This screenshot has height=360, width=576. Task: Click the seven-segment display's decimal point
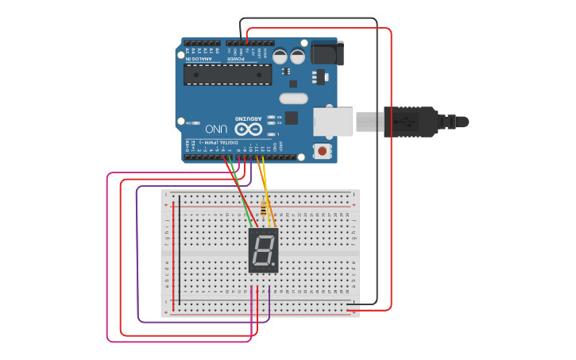274,265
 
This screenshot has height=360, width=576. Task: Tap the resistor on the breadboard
264,209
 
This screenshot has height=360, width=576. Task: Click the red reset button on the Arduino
323,149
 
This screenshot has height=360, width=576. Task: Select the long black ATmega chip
227,75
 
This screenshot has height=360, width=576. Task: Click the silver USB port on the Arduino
332,121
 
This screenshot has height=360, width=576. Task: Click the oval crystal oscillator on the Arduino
292,99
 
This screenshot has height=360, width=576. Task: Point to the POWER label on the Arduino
238,58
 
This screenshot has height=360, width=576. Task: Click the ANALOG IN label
199,58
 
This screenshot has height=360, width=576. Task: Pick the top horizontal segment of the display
264,236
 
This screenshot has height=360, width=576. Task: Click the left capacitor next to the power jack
280,56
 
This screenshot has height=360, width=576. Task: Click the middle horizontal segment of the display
263,250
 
